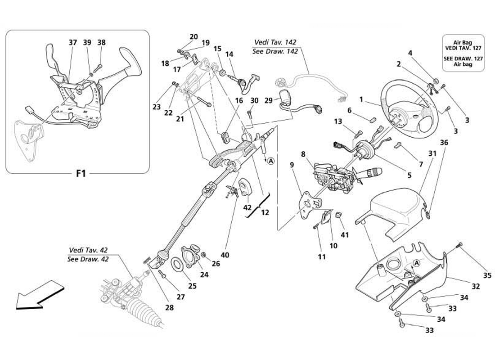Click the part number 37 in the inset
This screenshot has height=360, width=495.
point(72,43)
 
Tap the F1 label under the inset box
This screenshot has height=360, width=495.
point(81,173)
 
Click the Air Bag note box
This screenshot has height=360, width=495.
point(463,53)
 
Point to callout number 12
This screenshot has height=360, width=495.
point(265,212)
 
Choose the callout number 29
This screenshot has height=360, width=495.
point(269,100)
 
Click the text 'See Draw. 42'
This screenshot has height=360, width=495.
point(88,259)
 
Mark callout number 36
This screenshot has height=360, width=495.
point(444,143)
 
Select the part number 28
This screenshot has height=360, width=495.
point(169,308)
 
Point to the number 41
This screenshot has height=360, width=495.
point(345,234)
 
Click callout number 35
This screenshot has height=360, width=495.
point(487,275)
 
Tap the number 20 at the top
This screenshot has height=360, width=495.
point(193,36)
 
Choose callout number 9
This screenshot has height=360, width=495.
point(292,166)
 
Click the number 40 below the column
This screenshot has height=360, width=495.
point(225,255)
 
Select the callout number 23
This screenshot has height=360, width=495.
point(156,107)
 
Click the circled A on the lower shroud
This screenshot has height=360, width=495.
point(417,263)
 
